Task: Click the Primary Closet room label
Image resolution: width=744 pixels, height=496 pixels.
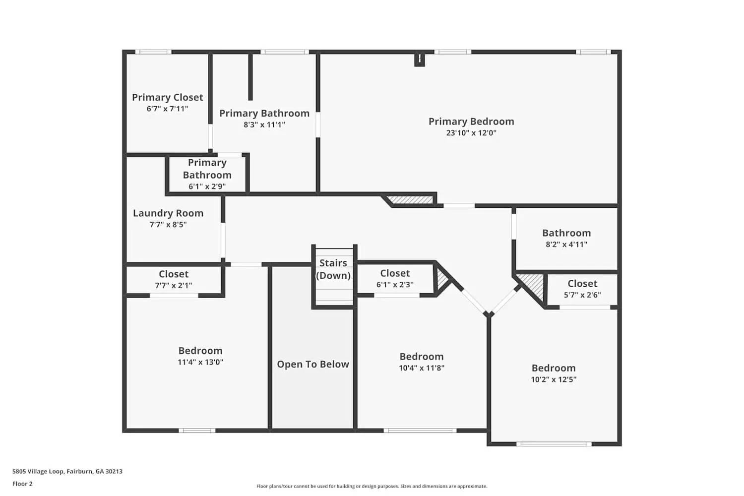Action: (x=167, y=97)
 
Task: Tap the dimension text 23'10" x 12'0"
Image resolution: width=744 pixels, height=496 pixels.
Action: (x=471, y=133)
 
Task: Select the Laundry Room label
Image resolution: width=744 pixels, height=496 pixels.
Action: (x=168, y=213)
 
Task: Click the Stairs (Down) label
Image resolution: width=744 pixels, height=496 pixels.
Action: (x=333, y=269)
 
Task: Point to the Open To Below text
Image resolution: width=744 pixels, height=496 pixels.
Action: (x=313, y=365)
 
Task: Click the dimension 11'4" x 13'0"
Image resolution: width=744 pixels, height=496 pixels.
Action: (x=200, y=362)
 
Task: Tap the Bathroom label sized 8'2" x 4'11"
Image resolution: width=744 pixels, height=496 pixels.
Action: (x=566, y=233)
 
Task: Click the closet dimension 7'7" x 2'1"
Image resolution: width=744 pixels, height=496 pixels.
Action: (x=174, y=286)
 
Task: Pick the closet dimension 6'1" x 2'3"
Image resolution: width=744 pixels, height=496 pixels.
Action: (x=395, y=285)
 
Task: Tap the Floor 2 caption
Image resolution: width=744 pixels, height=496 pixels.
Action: (x=22, y=484)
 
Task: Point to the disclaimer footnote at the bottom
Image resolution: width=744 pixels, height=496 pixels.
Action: (x=372, y=486)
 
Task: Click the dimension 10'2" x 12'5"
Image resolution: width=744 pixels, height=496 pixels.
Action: (x=554, y=379)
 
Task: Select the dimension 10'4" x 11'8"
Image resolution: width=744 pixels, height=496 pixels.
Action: (x=422, y=368)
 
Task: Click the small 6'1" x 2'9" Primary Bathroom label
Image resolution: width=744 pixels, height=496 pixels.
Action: (x=207, y=186)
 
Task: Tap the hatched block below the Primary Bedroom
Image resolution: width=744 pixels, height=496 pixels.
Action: (x=411, y=200)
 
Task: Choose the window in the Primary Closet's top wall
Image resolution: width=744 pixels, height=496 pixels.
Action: (x=153, y=52)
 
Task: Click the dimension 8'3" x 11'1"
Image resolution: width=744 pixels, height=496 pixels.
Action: (x=264, y=125)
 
